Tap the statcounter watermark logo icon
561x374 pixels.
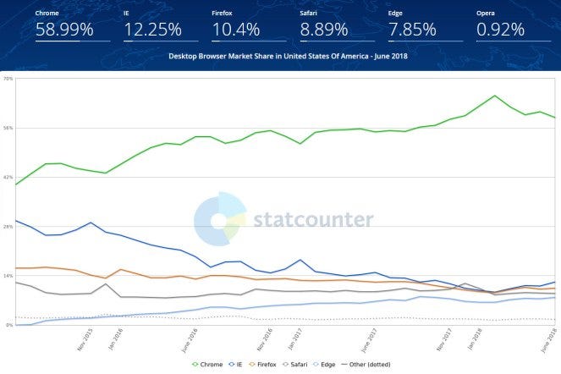click(x=220, y=219)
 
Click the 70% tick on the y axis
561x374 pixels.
click(x=8, y=79)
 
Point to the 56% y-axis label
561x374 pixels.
click(x=8, y=128)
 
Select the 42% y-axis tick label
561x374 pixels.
click(x=8, y=177)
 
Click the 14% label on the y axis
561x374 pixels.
click(x=8, y=276)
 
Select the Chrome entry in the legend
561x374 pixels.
click(x=208, y=364)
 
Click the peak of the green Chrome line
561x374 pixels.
click(x=494, y=96)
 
